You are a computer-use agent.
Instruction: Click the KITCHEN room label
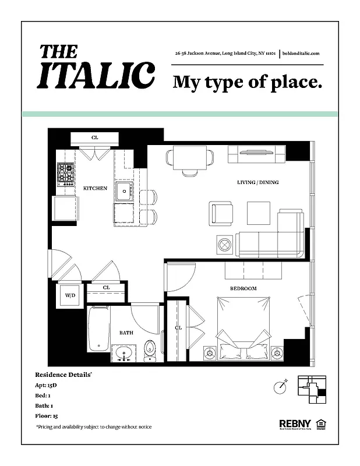(x=95, y=188)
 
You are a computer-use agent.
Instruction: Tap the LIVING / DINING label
(x=257, y=182)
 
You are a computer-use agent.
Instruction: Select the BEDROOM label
(x=243, y=288)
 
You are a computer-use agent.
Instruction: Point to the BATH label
(x=126, y=333)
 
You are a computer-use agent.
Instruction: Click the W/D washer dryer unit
(x=70, y=295)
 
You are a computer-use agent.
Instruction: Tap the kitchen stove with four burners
(x=65, y=173)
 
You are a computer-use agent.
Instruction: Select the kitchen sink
(x=123, y=190)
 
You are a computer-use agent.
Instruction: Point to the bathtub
(x=98, y=330)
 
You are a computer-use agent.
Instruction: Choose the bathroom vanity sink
(x=123, y=352)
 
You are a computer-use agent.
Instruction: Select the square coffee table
(x=258, y=211)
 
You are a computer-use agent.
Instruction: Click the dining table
(x=189, y=157)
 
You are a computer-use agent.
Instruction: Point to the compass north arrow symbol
(x=281, y=385)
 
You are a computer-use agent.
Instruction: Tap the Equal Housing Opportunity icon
(x=320, y=423)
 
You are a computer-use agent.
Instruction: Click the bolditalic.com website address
(x=301, y=54)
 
